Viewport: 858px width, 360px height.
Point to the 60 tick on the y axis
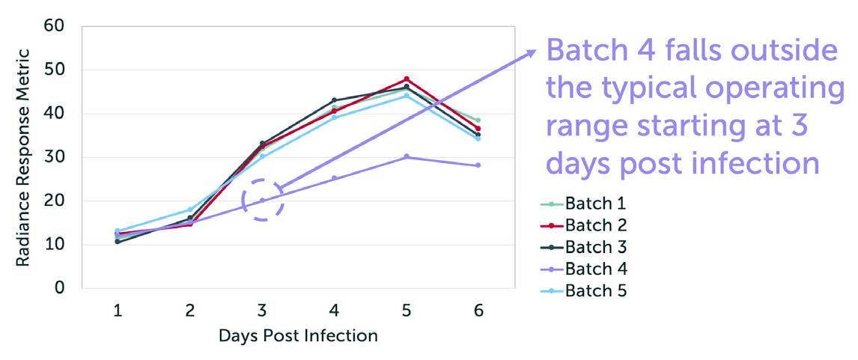click(55, 26)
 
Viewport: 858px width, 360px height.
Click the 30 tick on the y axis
click(55, 157)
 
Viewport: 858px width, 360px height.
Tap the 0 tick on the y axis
click(60, 288)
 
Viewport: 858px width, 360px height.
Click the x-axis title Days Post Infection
click(298, 336)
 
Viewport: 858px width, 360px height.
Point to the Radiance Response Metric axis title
click(23, 157)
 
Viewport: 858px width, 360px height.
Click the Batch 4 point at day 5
click(407, 156)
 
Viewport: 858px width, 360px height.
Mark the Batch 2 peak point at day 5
click(407, 79)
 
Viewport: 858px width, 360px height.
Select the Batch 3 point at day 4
click(334, 100)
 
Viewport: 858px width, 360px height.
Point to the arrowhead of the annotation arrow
click(532, 52)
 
